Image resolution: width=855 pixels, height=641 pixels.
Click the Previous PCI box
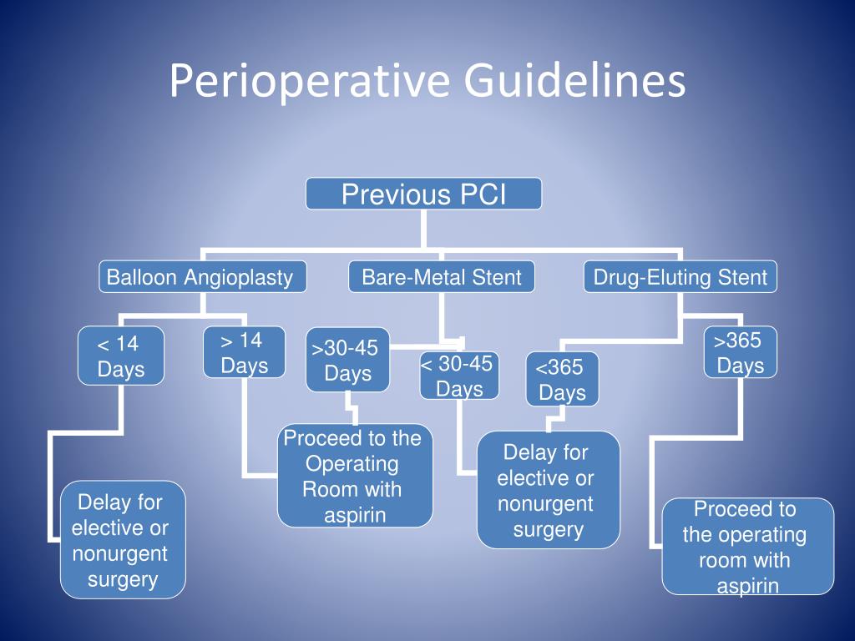[423, 194]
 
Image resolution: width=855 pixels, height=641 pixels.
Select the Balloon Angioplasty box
[202, 277]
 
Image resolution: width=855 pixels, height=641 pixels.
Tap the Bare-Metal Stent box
[442, 277]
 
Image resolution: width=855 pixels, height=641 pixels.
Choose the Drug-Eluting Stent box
[680, 277]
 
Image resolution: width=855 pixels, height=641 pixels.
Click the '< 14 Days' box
[120, 356]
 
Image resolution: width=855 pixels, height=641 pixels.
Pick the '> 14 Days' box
[245, 353]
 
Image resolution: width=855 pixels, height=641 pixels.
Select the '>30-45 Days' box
[347, 360]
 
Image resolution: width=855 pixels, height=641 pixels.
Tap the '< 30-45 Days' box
[459, 376]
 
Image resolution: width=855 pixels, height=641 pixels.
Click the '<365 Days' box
[562, 380]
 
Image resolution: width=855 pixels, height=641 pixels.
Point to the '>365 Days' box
[740, 352]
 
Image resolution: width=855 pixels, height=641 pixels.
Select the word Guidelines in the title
[574, 82]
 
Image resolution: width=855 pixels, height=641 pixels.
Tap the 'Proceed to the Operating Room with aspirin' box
[355, 477]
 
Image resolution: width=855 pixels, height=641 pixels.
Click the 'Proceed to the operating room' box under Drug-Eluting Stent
[747, 547]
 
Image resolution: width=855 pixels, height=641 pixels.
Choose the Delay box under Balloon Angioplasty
[122, 540]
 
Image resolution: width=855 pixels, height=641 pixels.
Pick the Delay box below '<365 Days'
[548, 490]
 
